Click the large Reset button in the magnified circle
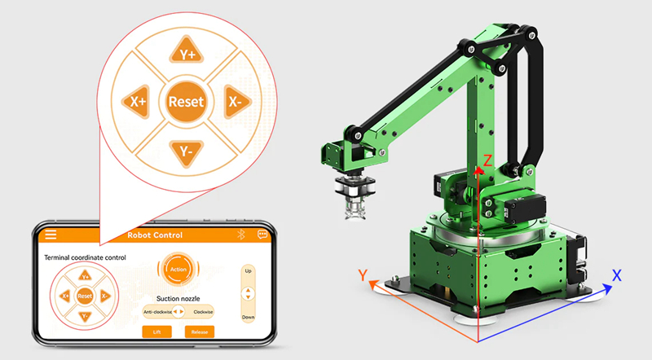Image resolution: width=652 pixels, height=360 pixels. tap(186, 102)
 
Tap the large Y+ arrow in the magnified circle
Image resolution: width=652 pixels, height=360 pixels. tap(187, 51)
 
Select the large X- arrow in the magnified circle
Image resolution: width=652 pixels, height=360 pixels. tap(236, 102)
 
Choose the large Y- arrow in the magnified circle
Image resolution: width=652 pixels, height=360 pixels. tap(187, 152)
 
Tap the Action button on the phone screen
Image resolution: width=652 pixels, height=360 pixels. tap(178, 270)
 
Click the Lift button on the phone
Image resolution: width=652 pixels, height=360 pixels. tap(156, 331)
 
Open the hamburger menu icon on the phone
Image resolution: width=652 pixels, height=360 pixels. tap(51, 235)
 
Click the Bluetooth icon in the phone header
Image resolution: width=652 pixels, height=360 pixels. tap(240, 235)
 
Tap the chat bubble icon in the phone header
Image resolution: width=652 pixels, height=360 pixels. tap(262, 235)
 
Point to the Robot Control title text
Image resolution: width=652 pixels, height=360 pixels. tap(155, 235)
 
